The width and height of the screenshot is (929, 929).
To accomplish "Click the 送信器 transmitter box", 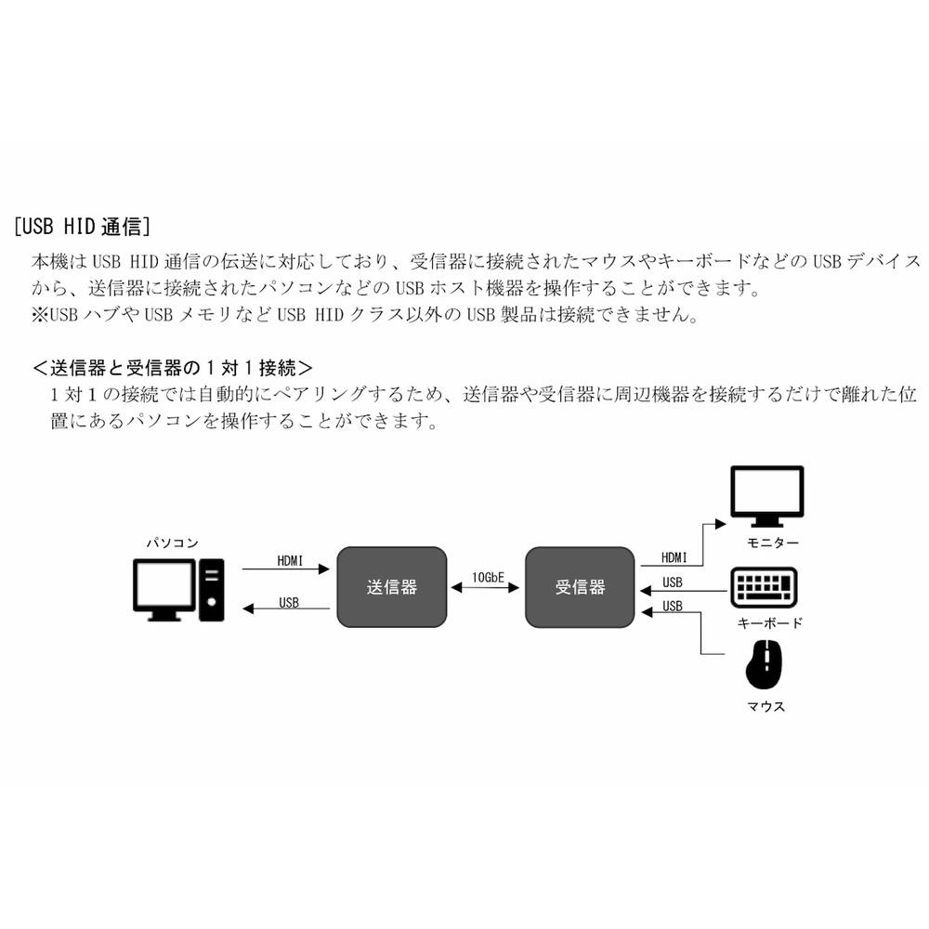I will [391, 587].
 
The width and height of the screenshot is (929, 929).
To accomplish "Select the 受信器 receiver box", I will [581, 587].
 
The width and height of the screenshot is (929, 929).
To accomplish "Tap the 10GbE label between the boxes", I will [488, 578].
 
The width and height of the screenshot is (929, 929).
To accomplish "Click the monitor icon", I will [766, 496].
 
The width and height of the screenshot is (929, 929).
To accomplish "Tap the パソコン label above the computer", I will [172, 543].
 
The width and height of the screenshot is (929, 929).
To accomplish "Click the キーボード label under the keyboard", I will [769, 623].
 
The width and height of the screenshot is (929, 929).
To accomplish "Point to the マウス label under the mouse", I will [766, 706].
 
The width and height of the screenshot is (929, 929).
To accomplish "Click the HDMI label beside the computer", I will [290, 561].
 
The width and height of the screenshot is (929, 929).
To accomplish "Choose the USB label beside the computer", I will [289, 602].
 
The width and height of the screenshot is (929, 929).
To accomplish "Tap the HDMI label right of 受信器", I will [674, 558].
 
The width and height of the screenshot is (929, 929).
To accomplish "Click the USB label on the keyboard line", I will [673, 583].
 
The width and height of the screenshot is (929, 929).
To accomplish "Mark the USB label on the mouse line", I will [673, 607].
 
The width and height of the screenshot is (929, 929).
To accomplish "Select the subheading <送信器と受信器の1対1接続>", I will [172, 367].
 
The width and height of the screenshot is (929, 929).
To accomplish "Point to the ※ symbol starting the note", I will [39, 315].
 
